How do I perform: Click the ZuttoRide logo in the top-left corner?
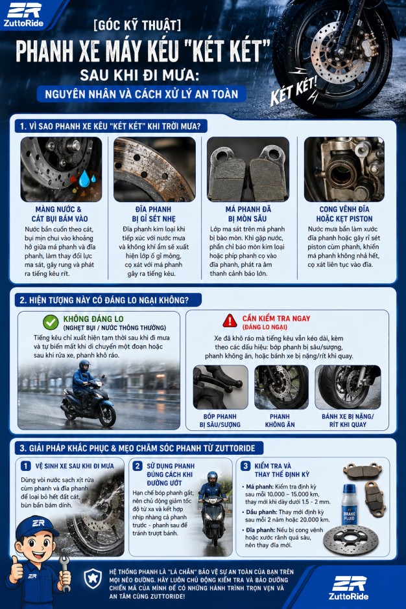24,15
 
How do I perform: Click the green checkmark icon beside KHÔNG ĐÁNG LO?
51,323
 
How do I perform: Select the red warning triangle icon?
230,321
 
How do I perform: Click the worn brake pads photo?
248,169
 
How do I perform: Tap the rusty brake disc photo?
154,169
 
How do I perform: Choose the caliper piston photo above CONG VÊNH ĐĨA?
344,169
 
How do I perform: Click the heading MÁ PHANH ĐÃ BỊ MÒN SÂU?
248,214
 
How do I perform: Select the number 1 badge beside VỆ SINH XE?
26,466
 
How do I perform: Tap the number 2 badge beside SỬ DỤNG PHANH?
137,466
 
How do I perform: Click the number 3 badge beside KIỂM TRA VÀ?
245,466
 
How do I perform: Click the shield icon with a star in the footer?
93,579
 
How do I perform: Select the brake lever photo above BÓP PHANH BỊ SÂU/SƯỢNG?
221,387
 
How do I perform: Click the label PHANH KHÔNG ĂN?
280,420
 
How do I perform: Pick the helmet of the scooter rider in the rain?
84,365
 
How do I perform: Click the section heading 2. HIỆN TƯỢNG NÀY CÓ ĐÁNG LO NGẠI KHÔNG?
104,300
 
